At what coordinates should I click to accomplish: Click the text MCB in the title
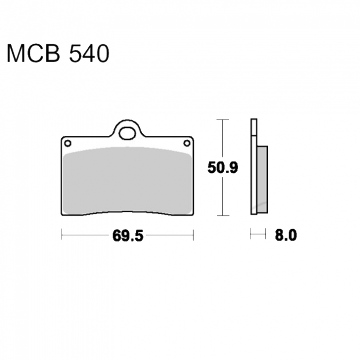[33, 54]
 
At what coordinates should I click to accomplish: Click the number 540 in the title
[89, 54]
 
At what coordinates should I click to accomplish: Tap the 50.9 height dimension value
[222, 167]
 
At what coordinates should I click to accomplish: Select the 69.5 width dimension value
[128, 235]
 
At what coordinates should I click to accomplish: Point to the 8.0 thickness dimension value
[286, 235]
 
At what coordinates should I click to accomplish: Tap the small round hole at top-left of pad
[67, 144]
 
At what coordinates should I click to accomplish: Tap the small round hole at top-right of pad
[187, 144]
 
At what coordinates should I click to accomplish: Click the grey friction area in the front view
[127, 180]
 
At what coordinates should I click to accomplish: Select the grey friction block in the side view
[262, 179]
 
